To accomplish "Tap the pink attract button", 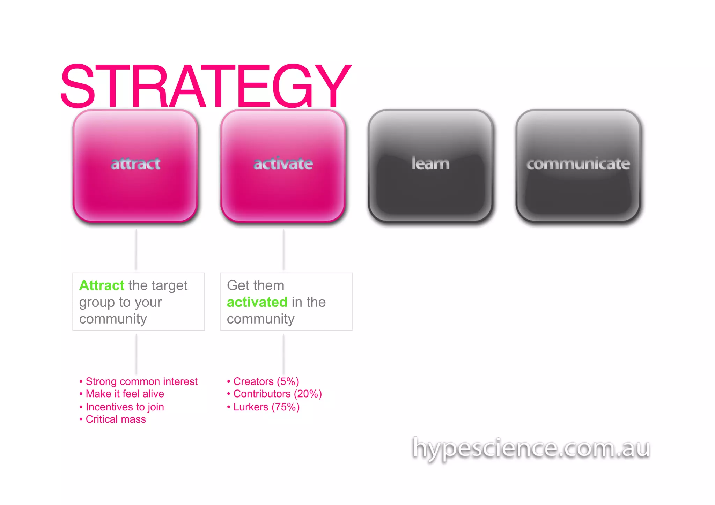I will (135, 165).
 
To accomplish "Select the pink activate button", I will (283, 165).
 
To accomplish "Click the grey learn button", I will (430, 165).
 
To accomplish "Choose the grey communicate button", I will (578, 165).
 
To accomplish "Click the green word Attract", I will (102, 285).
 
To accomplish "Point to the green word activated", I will (257, 302).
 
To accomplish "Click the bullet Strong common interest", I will (141, 381).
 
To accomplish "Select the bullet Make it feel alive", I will (125, 394).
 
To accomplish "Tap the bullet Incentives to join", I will (125, 407).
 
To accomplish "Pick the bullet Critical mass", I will (116, 419).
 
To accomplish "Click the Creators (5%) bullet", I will (266, 381).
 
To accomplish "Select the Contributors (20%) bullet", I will (277, 394).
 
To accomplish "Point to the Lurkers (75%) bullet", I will (266, 407).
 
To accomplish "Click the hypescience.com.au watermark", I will (531, 448).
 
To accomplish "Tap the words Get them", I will (256, 285).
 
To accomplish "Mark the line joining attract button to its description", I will (136, 249).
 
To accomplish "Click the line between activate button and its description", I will (283, 249).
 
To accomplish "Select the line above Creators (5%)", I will (283, 354).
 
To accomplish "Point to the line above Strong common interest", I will (136, 354).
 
